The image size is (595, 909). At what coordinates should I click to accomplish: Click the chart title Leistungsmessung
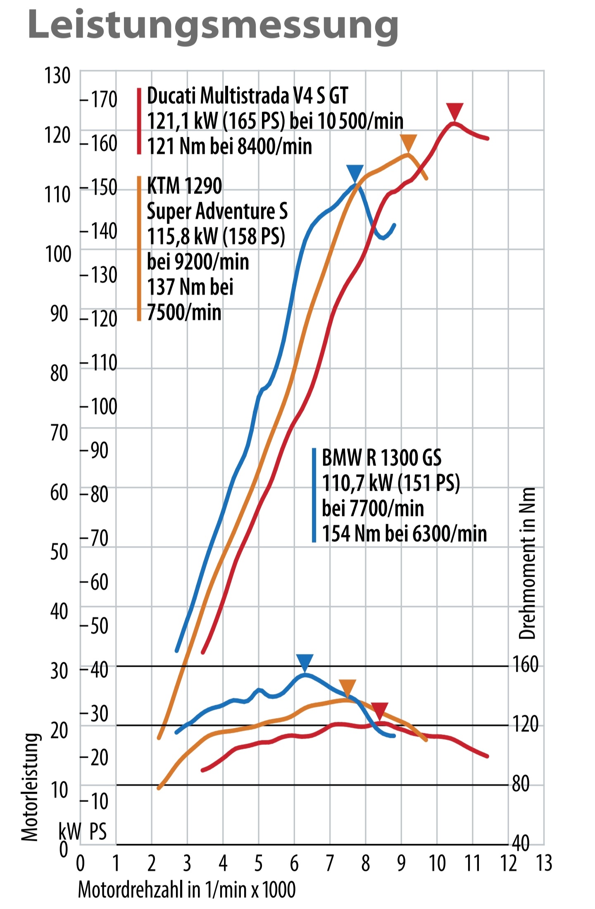[213, 26]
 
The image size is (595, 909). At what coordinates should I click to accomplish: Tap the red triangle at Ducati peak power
[455, 112]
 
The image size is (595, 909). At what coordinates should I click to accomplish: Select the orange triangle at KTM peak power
[408, 143]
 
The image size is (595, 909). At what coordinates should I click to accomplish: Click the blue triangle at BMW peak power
[355, 173]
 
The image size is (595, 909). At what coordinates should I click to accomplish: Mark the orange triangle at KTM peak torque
[347, 687]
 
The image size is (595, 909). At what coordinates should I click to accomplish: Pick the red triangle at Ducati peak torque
[379, 710]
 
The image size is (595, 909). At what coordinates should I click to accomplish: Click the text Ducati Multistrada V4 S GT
[247, 96]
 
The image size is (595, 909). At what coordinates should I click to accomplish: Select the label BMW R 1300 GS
[381, 458]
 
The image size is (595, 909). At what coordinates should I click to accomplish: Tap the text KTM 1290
[184, 186]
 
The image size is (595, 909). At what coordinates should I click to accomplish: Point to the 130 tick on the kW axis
[57, 76]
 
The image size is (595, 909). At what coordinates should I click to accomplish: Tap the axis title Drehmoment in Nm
[527, 563]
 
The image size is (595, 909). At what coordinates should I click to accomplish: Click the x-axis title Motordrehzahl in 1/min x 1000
[187, 889]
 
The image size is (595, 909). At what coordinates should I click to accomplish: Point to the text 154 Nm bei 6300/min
[404, 533]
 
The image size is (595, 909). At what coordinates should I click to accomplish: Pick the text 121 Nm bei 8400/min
[229, 146]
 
